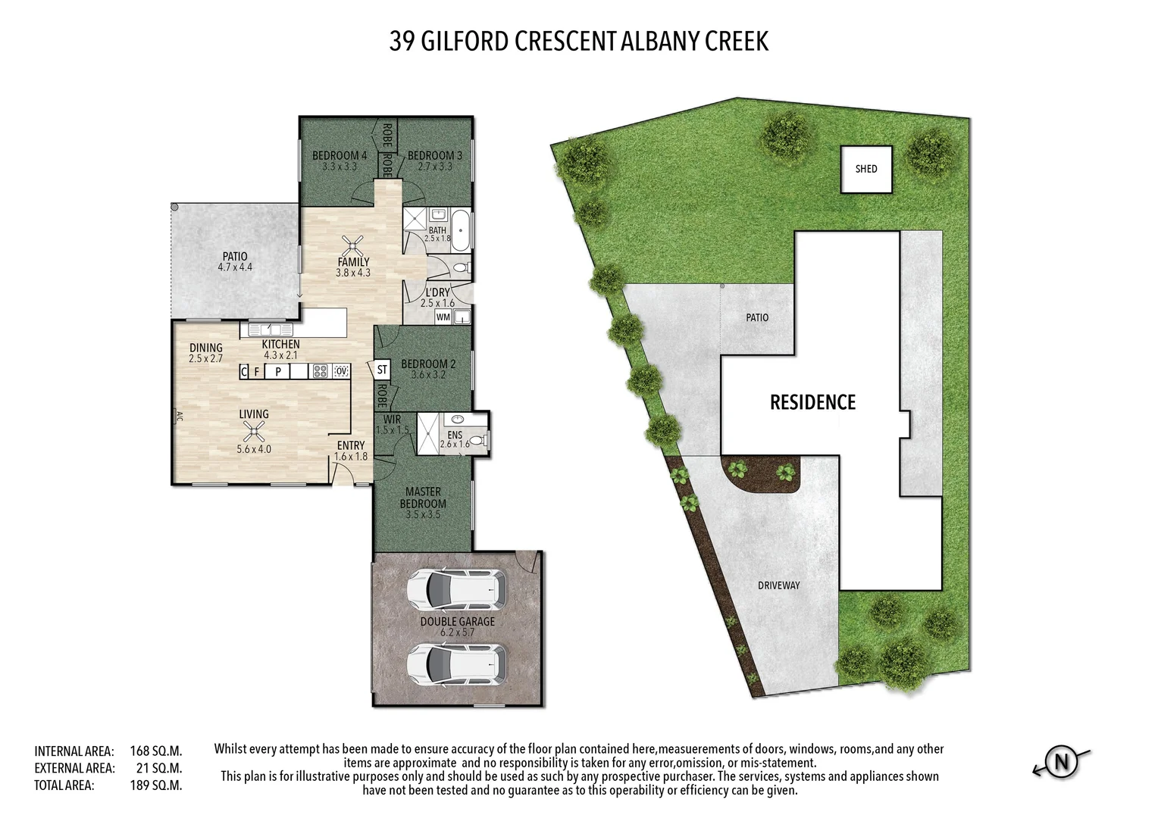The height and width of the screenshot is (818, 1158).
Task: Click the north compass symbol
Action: tap(1061, 762)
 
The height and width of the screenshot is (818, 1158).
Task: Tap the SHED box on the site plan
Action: tap(866, 169)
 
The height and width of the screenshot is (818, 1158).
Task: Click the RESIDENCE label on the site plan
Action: tap(812, 402)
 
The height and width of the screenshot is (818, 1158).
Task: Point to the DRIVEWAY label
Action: tap(778, 585)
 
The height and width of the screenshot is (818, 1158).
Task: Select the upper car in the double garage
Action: tap(457, 589)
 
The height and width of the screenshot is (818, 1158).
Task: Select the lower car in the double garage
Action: tap(457, 664)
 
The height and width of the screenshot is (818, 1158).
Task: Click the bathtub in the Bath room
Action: tap(460, 230)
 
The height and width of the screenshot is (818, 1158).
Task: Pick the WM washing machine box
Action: tap(443, 317)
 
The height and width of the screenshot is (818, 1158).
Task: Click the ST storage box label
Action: tap(382, 370)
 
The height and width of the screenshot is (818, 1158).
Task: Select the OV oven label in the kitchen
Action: tap(341, 371)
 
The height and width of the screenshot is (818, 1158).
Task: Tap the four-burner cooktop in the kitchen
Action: tap(321, 371)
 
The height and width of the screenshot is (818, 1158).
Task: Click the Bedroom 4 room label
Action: tap(339, 155)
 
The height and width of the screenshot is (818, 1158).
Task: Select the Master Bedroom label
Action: tap(423, 498)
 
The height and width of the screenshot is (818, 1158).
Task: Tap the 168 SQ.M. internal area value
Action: tap(155, 751)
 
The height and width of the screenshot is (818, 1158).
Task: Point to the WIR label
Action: tap(393, 419)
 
